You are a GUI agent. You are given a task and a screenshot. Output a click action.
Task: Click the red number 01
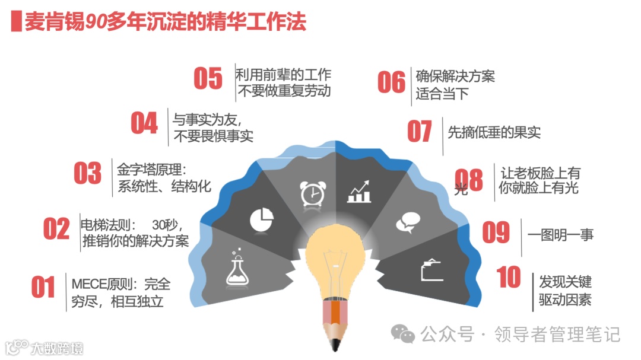[43, 288]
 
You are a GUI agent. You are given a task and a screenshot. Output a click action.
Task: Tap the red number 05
[208, 79]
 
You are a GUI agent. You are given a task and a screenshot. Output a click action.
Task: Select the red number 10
[509, 278]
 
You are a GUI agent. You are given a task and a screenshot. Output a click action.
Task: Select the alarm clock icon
[312, 193]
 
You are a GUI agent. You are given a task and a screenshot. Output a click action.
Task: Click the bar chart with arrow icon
[359, 191]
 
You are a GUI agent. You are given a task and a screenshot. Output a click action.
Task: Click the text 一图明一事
[560, 234]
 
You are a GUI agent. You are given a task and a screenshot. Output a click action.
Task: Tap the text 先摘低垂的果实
[494, 132]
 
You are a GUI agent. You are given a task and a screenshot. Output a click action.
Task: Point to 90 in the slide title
[95, 21]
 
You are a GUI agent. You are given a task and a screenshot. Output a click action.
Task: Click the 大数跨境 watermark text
[58, 348]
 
